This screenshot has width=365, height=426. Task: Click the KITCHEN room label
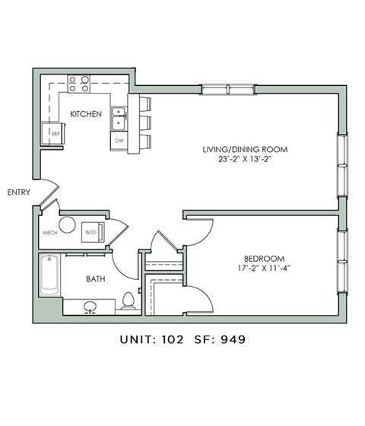pyautogui.click(x=86, y=114)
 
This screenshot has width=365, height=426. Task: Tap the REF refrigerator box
pyautogui.click(x=55, y=133)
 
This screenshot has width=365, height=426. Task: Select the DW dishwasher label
pyautogui.click(x=119, y=141)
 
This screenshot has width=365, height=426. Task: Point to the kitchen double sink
pyautogui.click(x=119, y=118)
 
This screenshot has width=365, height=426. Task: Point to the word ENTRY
pyautogui.click(x=18, y=192)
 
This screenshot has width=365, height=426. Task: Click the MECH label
pyautogui.click(x=50, y=233)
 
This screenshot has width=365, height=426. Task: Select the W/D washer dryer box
pyautogui.click(x=89, y=230)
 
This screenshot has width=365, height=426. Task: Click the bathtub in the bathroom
pyautogui.click(x=50, y=275)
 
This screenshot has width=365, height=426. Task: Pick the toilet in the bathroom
pyautogui.click(x=130, y=302)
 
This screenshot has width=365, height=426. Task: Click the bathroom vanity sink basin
pyautogui.click(x=90, y=307)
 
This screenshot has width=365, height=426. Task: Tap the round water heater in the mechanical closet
pyautogui.click(x=68, y=225)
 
